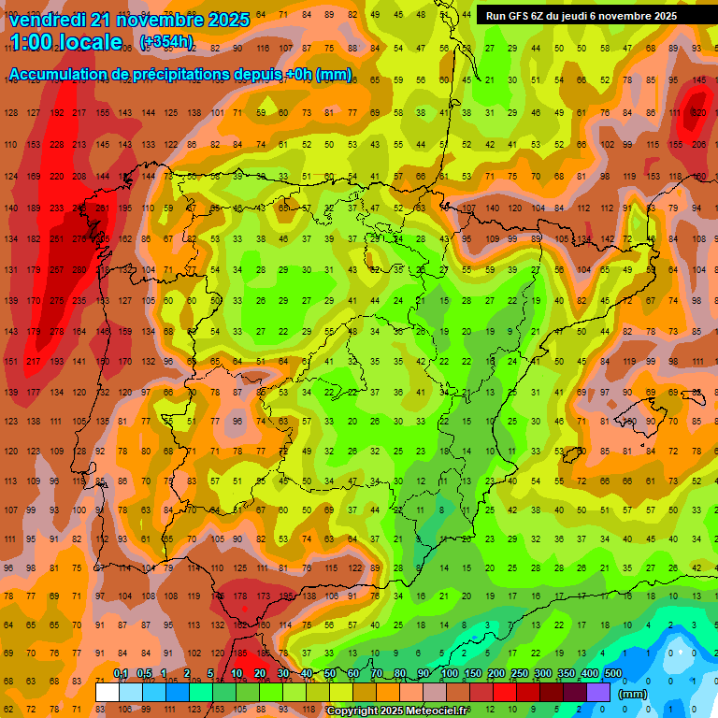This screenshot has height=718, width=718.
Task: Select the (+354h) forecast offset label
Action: click(x=166, y=42)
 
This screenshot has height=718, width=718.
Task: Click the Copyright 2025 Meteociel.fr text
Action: click(x=397, y=711)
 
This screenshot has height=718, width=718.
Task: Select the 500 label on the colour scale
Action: click(x=612, y=674)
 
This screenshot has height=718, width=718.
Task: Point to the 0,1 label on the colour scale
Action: click(x=121, y=674)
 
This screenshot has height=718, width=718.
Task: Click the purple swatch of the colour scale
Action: click(x=599, y=692)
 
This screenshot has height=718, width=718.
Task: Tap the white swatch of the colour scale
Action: click(x=108, y=692)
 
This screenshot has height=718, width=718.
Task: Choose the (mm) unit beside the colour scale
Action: click(x=633, y=694)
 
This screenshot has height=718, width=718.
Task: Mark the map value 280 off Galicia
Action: click(x=79, y=270)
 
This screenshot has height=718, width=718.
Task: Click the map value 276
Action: click(x=79, y=239)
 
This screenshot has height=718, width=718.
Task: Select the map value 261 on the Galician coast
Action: click(x=102, y=208)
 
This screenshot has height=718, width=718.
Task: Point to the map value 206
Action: click(x=698, y=145)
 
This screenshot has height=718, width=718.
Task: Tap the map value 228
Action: click(x=57, y=145)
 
